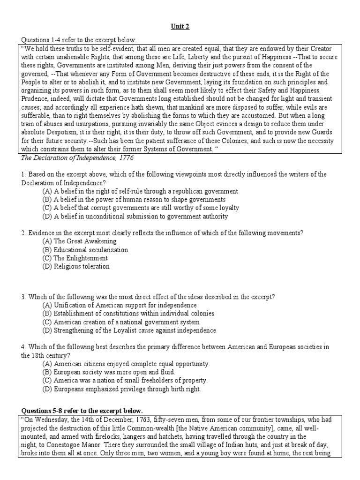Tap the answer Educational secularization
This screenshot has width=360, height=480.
point(84,250)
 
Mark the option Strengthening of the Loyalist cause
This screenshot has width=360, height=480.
point(129,330)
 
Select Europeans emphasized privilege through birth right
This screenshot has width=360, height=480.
point(121,389)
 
